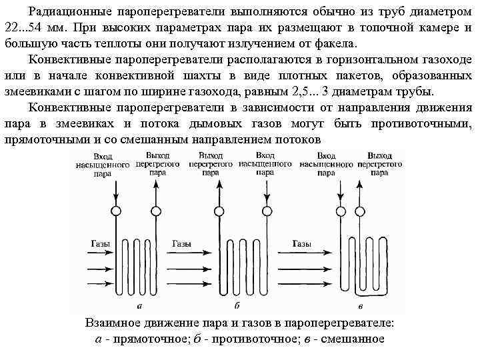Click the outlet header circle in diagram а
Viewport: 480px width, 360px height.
[x=155, y=211]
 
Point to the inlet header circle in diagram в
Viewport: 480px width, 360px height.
[x=327, y=211]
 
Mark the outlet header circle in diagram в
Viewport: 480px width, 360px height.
[x=363, y=211]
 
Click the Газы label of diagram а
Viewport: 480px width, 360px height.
[x=100, y=243]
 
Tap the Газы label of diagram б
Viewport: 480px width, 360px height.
[x=182, y=243]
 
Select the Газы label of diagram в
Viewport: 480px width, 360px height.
[x=301, y=243]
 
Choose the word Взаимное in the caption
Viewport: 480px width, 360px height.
[x=112, y=323]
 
